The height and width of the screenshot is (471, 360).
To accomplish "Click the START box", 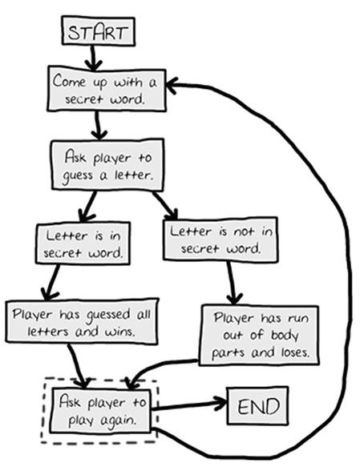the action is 98,31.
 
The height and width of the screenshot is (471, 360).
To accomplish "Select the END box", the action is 257,405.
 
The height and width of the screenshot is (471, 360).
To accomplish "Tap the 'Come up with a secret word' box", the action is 107,90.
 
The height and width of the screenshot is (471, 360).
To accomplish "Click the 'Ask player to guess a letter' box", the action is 107,165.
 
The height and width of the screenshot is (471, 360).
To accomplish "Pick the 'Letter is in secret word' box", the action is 83,244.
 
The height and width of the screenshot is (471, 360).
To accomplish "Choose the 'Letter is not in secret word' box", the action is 220,239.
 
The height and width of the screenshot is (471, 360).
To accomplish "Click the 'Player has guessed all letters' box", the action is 82,320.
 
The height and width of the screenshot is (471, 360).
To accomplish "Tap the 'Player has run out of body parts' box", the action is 259,335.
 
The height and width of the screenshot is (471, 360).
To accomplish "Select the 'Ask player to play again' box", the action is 101,411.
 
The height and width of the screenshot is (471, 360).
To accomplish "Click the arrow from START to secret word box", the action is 93,58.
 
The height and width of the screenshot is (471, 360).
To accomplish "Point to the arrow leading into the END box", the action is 188,405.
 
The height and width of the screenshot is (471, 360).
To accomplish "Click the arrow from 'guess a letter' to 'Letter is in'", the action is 87,207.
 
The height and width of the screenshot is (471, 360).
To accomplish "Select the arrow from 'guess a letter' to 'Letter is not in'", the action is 165,205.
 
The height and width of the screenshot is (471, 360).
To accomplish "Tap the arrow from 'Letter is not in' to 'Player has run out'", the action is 233,282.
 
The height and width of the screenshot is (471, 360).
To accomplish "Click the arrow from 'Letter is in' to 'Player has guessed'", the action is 51,282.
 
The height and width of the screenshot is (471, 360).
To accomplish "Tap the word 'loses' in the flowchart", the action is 295,352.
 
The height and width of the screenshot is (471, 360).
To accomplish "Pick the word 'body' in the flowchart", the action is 285,335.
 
